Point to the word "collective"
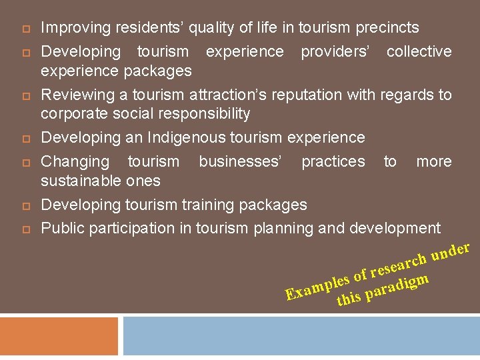click(419, 51)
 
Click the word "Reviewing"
click(74, 95)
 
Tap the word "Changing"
click(75, 161)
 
